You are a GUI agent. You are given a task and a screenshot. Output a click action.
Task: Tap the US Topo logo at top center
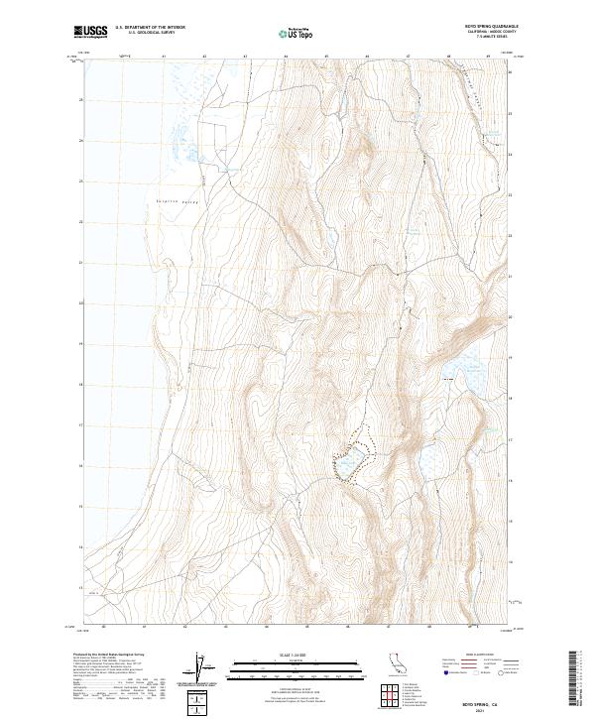coord(294,33)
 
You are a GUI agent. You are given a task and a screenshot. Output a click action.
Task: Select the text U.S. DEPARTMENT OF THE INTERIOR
coord(151,28)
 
